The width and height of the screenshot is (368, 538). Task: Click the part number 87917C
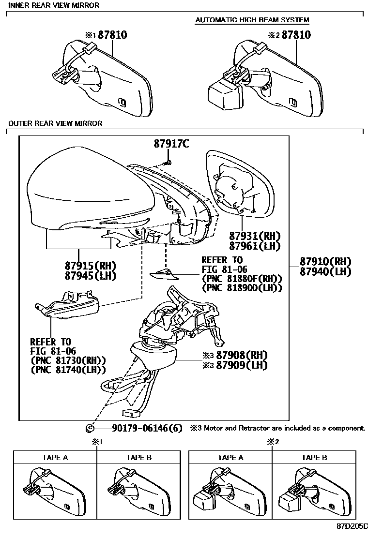coord(171,144)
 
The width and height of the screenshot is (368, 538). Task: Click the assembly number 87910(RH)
coord(325,262)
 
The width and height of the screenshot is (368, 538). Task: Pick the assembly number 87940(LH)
coord(325,272)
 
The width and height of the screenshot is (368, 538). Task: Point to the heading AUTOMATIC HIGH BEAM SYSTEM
coord(252,20)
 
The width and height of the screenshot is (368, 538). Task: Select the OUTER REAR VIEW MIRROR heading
coord(55,123)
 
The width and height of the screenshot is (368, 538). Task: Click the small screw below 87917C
coord(167,162)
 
